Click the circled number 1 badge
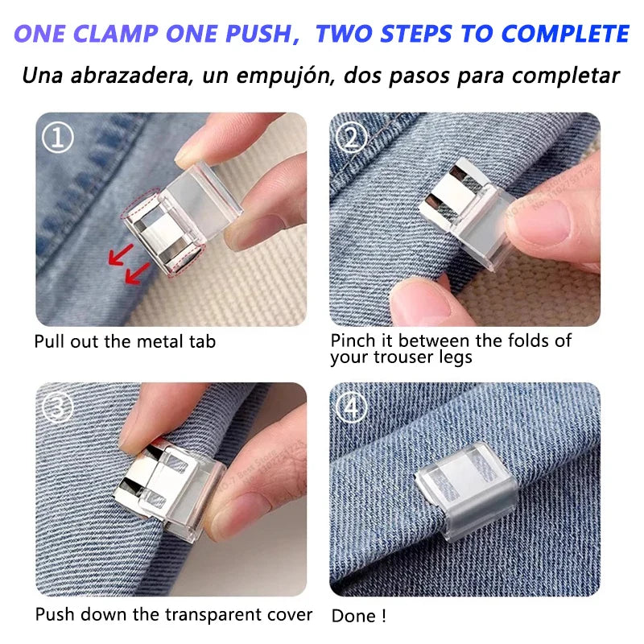(57, 138)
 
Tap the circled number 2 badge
(351, 138)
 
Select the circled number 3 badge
(57, 408)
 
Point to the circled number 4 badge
(351, 408)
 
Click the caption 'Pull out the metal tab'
(125, 341)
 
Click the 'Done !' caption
(359, 616)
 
